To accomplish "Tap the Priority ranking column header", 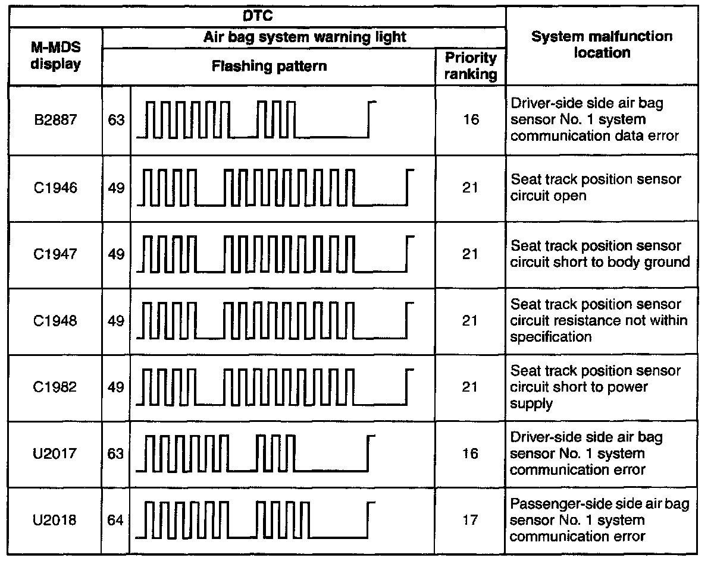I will pyautogui.click(x=470, y=66).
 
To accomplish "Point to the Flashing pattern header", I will pyautogui.click(x=270, y=66).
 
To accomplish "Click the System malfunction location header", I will pyautogui.click(x=602, y=45).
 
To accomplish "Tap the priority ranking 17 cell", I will pyautogui.click(x=470, y=521).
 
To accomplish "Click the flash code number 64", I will pyautogui.click(x=117, y=521).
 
